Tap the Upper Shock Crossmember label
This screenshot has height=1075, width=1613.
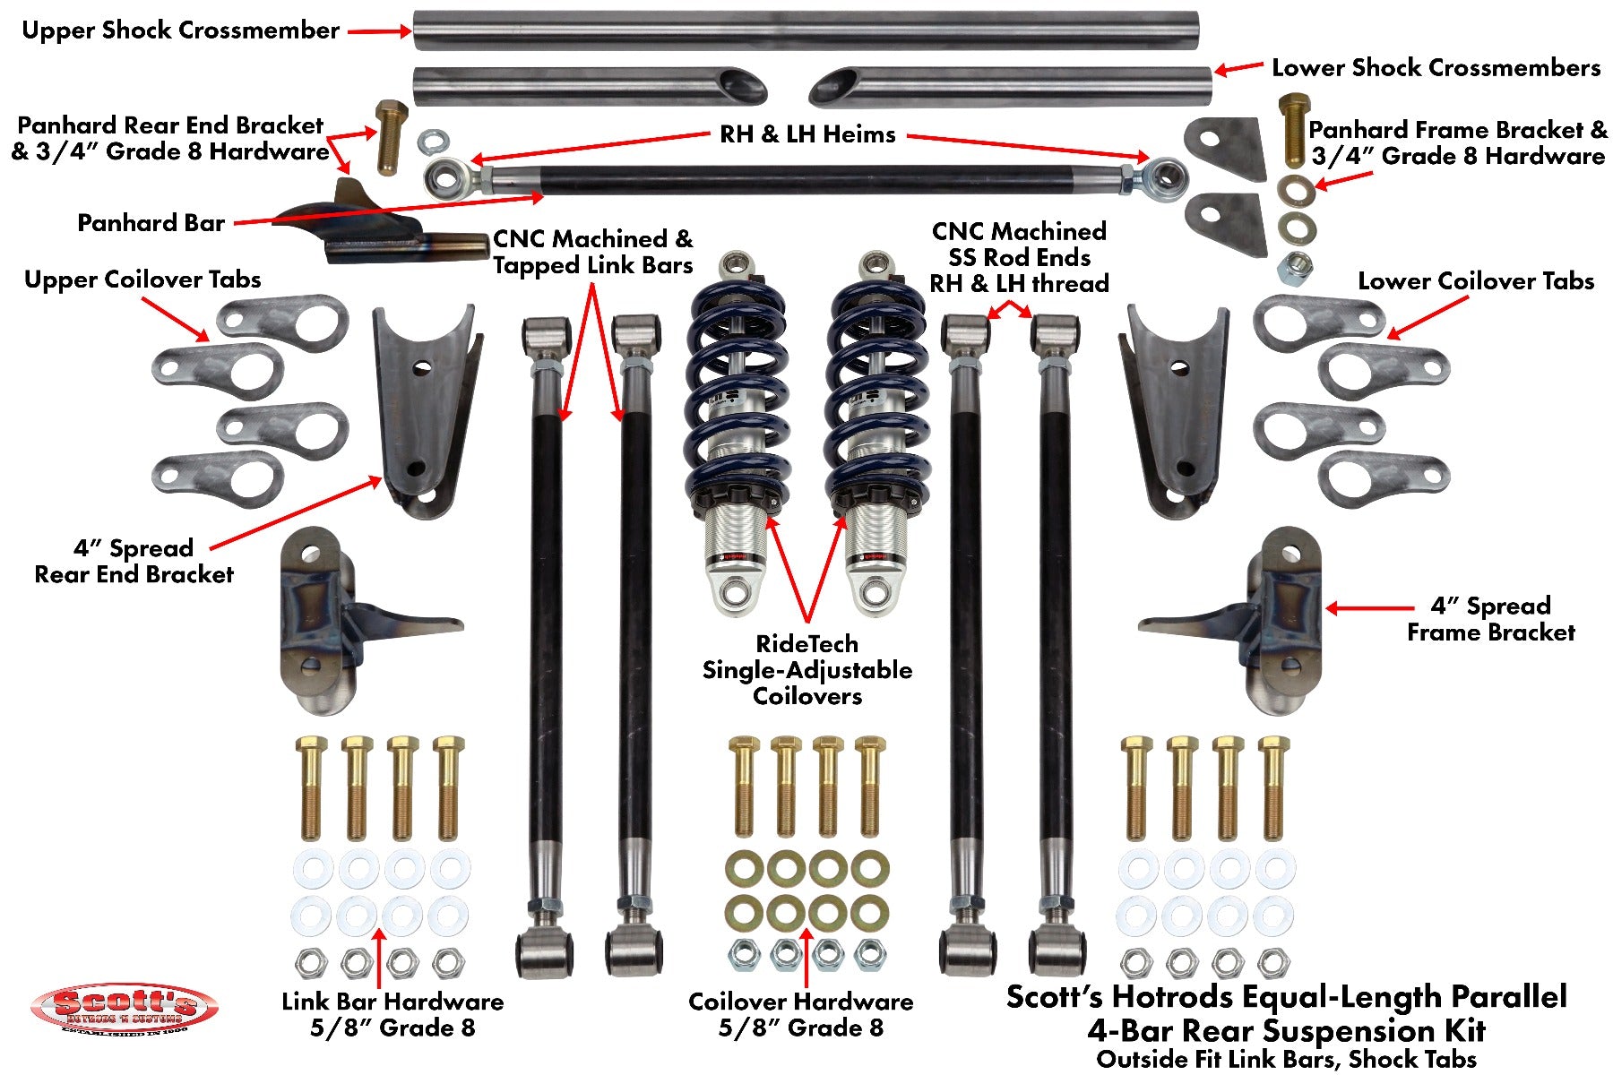coord(180,30)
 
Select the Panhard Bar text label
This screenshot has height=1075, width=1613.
coord(151,223)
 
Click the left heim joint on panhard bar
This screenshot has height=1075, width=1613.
coord(444,179)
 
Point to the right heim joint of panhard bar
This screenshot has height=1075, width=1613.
coord(1168,178)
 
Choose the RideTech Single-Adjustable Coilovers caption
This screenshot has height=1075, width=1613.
coord(806,670)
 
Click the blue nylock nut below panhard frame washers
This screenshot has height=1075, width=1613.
coord(1296,264)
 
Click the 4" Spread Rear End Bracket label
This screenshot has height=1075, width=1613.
coord(134,562)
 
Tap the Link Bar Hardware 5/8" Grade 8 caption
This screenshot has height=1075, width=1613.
coord(392,1014)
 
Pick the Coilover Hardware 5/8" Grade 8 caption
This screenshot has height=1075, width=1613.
coord(800,1014)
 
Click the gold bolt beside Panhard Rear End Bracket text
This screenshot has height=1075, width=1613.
coord(392,138)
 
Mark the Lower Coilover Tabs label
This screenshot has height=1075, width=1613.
coord(1475,281)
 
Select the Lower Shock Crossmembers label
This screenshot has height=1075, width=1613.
coord(1436,68)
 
